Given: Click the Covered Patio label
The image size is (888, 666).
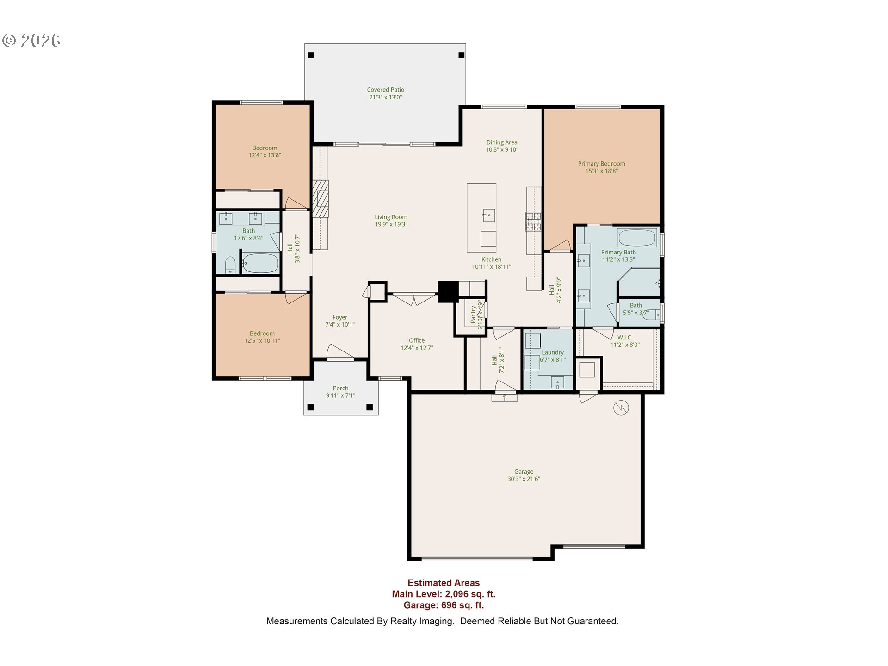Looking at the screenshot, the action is [386, 90].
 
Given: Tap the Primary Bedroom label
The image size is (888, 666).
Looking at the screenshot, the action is [601, 164].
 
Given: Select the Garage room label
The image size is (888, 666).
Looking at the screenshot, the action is [524, 472].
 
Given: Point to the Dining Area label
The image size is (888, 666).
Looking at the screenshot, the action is [502, 142].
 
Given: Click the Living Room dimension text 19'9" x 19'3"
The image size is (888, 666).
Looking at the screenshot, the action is [391, 224].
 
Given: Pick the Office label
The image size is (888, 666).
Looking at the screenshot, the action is [417, 340].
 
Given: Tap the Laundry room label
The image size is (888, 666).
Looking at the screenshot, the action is [553, 352].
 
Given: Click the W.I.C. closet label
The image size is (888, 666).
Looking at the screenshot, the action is [625, 338].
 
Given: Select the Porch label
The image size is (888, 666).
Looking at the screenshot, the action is [341, 388].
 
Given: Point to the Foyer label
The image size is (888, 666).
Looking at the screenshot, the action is [340, 317].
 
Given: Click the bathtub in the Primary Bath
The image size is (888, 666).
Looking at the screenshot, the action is [637, 238].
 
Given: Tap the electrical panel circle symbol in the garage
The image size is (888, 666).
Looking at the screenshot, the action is [621, 407].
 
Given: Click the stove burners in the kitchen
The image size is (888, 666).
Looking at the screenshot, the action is [533, 222].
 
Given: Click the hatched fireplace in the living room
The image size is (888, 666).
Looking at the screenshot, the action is [320, 198].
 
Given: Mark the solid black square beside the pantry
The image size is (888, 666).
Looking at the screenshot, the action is [448, 292].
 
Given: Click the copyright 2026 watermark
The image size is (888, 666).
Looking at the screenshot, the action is [31, 41].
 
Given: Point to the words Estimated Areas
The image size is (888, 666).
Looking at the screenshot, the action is [444, 583].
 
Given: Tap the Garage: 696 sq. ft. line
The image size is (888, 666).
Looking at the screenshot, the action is [444, 605].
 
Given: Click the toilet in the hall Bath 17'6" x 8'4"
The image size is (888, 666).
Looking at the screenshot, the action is [230, 265].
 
